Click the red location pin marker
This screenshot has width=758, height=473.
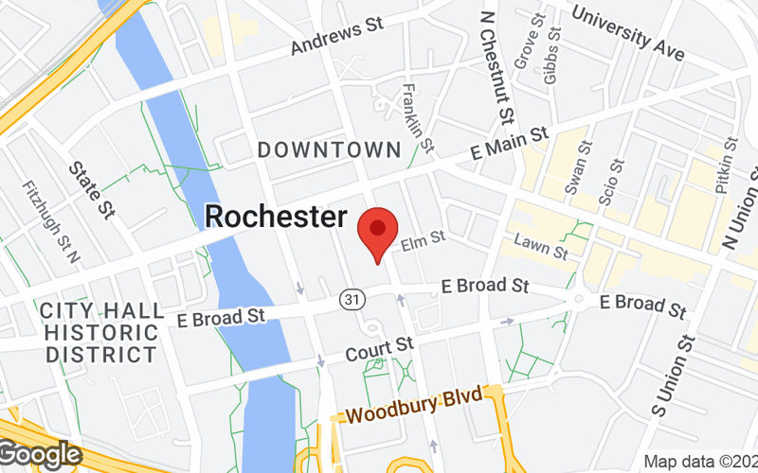[x=378, y=234]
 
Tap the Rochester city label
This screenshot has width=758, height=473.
[x=276, y=217]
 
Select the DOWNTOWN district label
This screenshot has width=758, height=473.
[x=330, y=149]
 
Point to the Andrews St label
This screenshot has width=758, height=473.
[x=336, y=35]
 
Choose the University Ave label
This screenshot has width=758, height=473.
[x=628, y=30]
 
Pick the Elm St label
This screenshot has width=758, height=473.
[x=423, y=243]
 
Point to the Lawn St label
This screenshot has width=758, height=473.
[x=540, y=248]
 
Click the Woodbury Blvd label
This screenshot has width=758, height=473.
[x=414, y=407]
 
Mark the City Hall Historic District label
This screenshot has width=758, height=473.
[x=99, y=332]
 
